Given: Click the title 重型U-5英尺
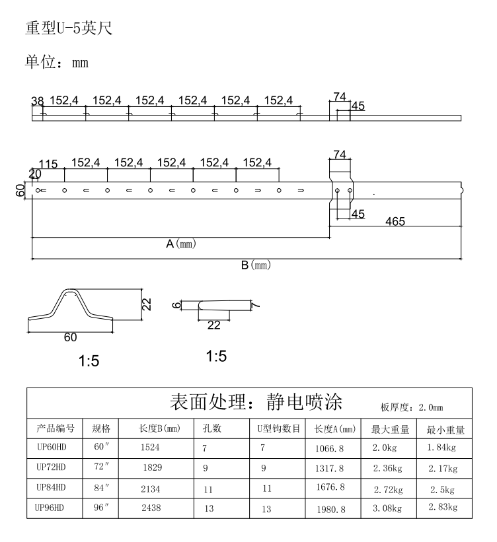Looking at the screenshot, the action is tap(69, 28).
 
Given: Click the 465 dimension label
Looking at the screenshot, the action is tap(395, 221).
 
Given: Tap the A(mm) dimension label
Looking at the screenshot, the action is tap(180, 244).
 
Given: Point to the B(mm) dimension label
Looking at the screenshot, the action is tap(256, 265).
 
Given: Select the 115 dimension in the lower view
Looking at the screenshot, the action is tap(48, 164).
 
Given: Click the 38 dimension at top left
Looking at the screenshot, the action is tap(38, 101).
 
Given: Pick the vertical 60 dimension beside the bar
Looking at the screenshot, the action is tap(20, 190).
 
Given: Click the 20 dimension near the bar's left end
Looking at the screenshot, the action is tap(35, 174).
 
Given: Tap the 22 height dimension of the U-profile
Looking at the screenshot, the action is tap(147, 304).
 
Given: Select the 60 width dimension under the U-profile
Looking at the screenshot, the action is tap(70, 337).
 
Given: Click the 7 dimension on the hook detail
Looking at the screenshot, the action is tap(255, 306).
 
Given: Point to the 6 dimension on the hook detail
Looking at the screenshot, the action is tap(176, 305).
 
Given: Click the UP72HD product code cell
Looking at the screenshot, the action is tap(51, 467).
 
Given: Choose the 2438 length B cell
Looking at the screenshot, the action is tap(151, 508).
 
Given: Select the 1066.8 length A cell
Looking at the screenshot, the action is tap(329, 449).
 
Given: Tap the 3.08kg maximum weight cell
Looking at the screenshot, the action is tap(387, 508).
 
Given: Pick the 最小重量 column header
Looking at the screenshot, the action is tap(445, 430).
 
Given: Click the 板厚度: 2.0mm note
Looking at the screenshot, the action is tap(412, 407).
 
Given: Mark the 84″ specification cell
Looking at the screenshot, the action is tap(101, 488).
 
